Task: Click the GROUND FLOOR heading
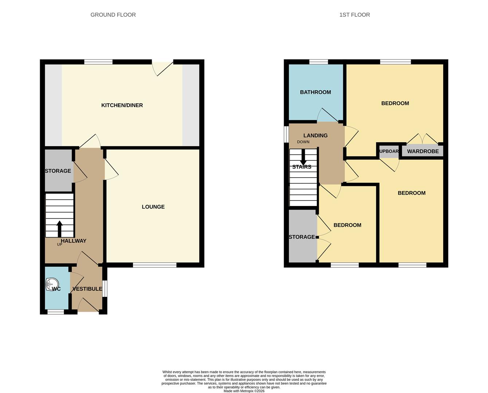click(x=113, y=15)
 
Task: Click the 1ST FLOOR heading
click(x=354, y=15)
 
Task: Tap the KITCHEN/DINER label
click(x=122, y=105)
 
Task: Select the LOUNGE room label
click(x=153, y=207)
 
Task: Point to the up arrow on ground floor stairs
click(x=59, y=229)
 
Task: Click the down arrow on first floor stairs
click(x=303, y=158)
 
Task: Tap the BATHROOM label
click(x=315, y=92)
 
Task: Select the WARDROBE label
click(x=422, y=151)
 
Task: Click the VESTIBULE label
click(x=87, y=289)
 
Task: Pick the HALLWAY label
click(x=74, y=241)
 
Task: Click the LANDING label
click(x=315, y=135)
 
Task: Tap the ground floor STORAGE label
click(x=58, y=171)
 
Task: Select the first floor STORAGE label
click(x=302, y=237)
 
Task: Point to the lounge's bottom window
click(x=154, y=265)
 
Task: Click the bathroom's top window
click(x=318, y=62)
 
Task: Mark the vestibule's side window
click(x=105, y=289)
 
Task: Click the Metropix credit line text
click(x=244, y=391)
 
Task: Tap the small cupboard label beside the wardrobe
click(x=389, y=151)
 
